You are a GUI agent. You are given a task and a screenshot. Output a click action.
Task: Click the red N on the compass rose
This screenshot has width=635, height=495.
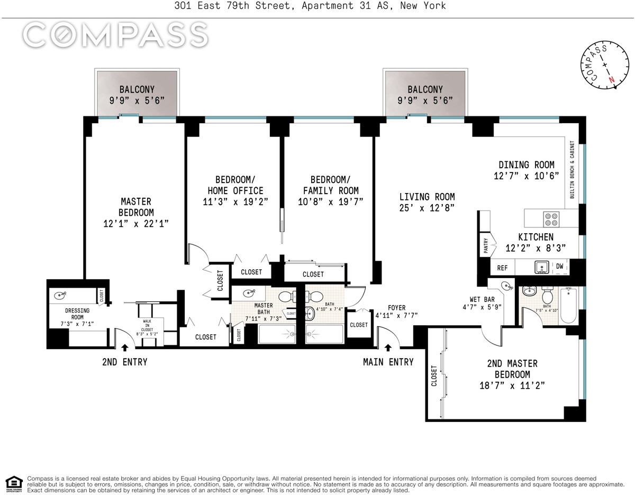(x=611, y=79)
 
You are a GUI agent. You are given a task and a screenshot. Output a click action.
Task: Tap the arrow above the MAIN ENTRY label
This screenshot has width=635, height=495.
(x=388, y=347)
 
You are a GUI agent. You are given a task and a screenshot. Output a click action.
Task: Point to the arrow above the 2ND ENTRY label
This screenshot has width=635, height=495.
(x=125, y=347)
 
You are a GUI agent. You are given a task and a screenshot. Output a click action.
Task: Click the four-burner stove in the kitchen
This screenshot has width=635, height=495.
(x=551, y=219)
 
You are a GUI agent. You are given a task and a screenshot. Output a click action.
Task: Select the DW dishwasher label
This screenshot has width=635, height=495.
(x=559, y=266)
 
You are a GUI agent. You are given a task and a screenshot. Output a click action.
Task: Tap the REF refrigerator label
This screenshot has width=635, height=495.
(x=502, y=268)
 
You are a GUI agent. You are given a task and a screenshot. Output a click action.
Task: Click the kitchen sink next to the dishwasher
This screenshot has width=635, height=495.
(x=542, y=267)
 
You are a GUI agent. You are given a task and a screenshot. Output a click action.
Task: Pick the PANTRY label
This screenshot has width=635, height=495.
(x=486, y=245)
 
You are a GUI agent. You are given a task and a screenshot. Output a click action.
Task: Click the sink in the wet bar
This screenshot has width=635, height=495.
(x=506, y=286)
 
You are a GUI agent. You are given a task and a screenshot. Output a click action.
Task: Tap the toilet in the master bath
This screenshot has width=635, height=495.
(x=287, y=297)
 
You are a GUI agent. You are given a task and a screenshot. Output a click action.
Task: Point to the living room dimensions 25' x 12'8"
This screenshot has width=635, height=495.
(x=427, y=208)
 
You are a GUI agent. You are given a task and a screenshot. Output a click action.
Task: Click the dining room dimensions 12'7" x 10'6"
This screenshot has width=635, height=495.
(x=527, y=176)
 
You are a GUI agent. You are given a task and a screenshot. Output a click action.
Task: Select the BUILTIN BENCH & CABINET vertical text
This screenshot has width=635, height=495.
(x=572, y=170)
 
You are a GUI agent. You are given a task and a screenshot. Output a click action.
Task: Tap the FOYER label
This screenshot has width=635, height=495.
(x=396, y=308)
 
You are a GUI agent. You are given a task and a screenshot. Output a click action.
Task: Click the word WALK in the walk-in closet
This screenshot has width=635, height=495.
(x=147, y=321)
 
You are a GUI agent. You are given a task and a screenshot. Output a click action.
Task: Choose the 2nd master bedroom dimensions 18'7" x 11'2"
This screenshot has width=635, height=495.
(x=512, y=386)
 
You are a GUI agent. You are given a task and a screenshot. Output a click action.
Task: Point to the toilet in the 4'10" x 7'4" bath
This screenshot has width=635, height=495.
(x=313, y=297)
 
